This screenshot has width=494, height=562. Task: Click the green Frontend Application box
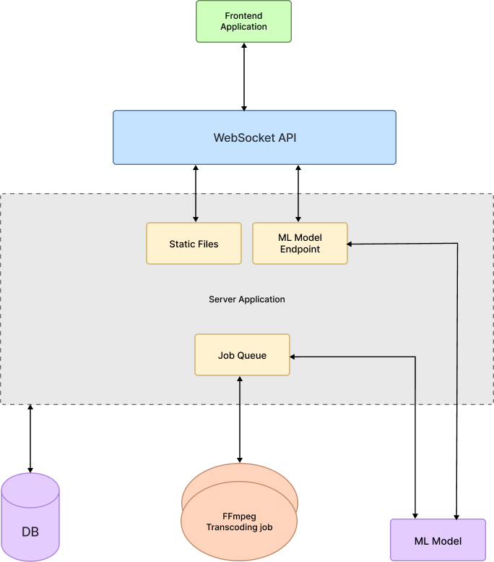coord(243,21)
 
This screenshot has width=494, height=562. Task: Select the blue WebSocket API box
coord(254,137)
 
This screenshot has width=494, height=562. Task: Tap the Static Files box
coord(194,244)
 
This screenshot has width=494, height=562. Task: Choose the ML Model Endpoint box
coord(300,244)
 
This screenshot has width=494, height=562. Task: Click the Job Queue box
coord(242,355)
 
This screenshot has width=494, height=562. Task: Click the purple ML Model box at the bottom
coord(438,540)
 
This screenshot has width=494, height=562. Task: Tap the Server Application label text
coord(247,299)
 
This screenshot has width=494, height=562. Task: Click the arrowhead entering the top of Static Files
coord(195,218)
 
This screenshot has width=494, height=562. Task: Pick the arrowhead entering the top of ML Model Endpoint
coord(298,218)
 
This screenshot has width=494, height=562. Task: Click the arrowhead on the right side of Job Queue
coord(293,357)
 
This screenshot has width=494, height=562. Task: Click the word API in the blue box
coord(286,137)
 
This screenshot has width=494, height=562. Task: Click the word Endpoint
coord(300,250)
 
